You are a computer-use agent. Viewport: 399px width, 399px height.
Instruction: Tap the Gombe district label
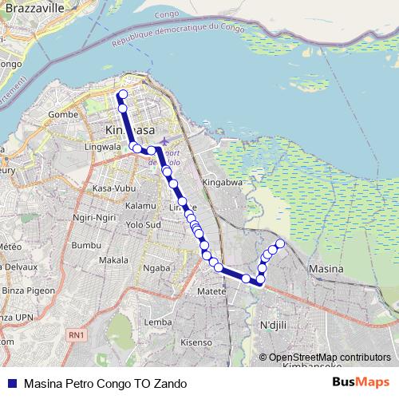(64, 115)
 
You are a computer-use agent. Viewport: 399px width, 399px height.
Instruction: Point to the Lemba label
(157, 322)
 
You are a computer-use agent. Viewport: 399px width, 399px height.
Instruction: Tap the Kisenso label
(196, 342)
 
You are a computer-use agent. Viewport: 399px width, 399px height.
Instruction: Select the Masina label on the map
(325, 269)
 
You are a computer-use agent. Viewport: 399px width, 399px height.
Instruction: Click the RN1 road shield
(76, 335)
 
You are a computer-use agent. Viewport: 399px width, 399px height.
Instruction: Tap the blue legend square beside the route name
(11, 382)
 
